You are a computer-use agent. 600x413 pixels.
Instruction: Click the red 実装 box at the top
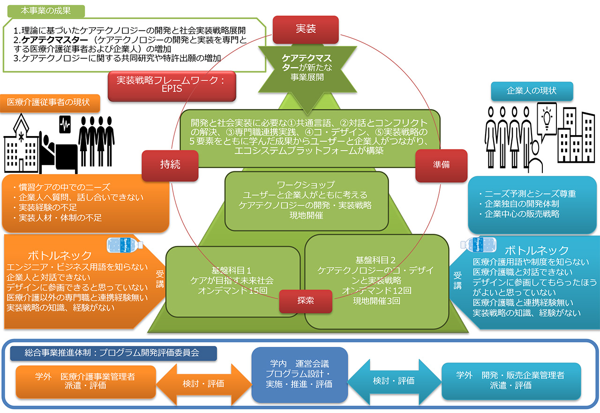click(305, 30)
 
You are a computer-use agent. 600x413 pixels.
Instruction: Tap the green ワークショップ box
click(305, 201)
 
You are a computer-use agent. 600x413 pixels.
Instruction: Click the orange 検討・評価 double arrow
click(203, 383)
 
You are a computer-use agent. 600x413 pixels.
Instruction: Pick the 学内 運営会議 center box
click(300, 374)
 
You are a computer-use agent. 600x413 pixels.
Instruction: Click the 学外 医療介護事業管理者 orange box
click(85, 381)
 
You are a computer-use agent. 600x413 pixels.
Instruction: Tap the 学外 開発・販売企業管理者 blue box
click(510, 381)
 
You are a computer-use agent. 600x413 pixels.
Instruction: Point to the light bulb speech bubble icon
click(546, 119)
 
